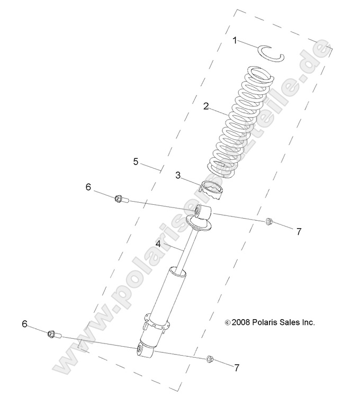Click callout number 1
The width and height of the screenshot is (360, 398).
pos(235,40)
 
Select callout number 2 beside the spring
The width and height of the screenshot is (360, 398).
pos(206,106)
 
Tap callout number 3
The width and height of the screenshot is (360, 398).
pos(178,175)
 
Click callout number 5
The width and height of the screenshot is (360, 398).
pos(136,161)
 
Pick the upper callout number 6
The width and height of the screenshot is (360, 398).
pos(88,187)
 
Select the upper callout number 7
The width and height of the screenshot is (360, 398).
pos(299,231)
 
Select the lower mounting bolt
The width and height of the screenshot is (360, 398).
pos(53,334)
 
